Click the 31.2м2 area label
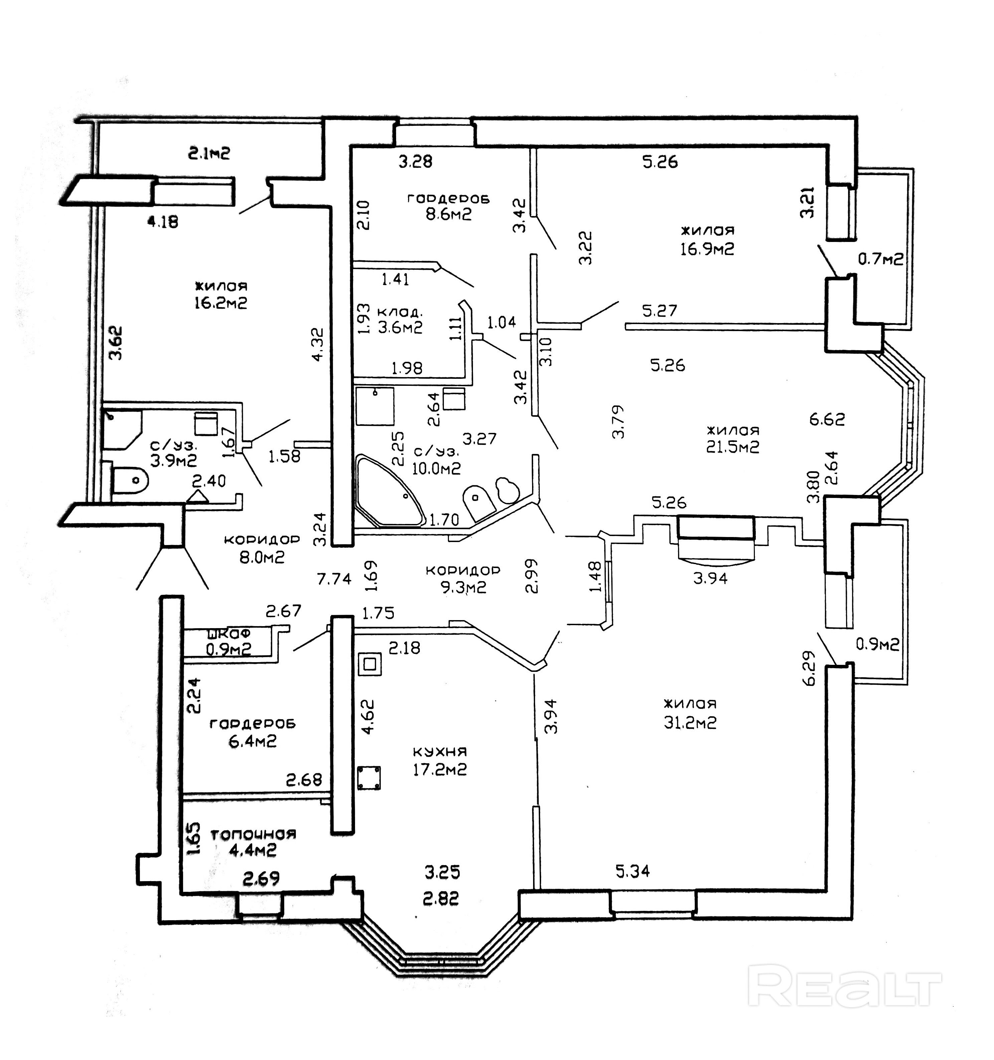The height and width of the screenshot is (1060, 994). pos(690,723)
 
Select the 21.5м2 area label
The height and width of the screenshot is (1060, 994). pos(732,447)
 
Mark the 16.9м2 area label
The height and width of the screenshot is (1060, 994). pos(707,249)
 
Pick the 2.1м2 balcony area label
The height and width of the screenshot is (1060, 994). pos(209,154)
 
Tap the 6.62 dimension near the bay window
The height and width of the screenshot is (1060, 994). pos(827,419)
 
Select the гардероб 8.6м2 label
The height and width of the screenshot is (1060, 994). pos(448,206)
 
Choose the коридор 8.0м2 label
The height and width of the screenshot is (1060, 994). pos(262,548)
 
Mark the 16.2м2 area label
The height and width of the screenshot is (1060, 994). pos(221,303)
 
